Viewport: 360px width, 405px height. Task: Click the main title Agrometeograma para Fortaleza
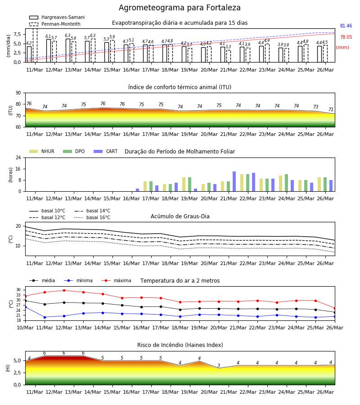pyautogui.click(x=180, y=8)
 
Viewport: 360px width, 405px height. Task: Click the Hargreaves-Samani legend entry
pyautogui.click(x=57, y=17)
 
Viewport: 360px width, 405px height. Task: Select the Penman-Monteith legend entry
pyautogui.click(x=55, y=24)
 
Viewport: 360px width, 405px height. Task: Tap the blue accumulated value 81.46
pyautogui.click(x=346, y=26)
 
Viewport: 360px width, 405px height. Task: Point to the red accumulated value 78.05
pyautogui.click(x=346, y=37)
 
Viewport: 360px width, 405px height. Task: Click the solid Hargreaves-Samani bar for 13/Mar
pyautogui.click(x=68, y=50)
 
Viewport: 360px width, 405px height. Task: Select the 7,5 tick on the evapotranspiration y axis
pyautogui.click(x=17, y=34)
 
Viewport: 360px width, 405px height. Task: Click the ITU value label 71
pyautogui.click(x=331, y=109)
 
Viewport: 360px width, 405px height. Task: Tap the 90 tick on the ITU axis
pyautogui.click(x=18, y=93)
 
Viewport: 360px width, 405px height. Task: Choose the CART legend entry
pyautogui.click(x=106, y=151)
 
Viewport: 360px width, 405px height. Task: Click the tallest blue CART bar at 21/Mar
pyautogui.click(x=234, y=182)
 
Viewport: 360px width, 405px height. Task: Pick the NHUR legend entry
pyautogui.click(x=42, y=151)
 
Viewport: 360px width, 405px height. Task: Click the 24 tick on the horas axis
pyautogui.click(x=18, y=157)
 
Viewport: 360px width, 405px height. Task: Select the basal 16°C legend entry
pyautogui.click(x=92, y=218)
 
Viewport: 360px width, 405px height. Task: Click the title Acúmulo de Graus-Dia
pyautogui.click(x=180, y=216)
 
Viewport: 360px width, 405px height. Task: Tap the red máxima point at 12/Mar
pyautogui.click(x=64, y=290)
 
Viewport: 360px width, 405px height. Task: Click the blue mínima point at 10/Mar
pyautogui.click(x=25, y=307)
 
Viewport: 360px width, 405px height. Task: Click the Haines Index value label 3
pyautogui.click(x=219, y=365)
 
